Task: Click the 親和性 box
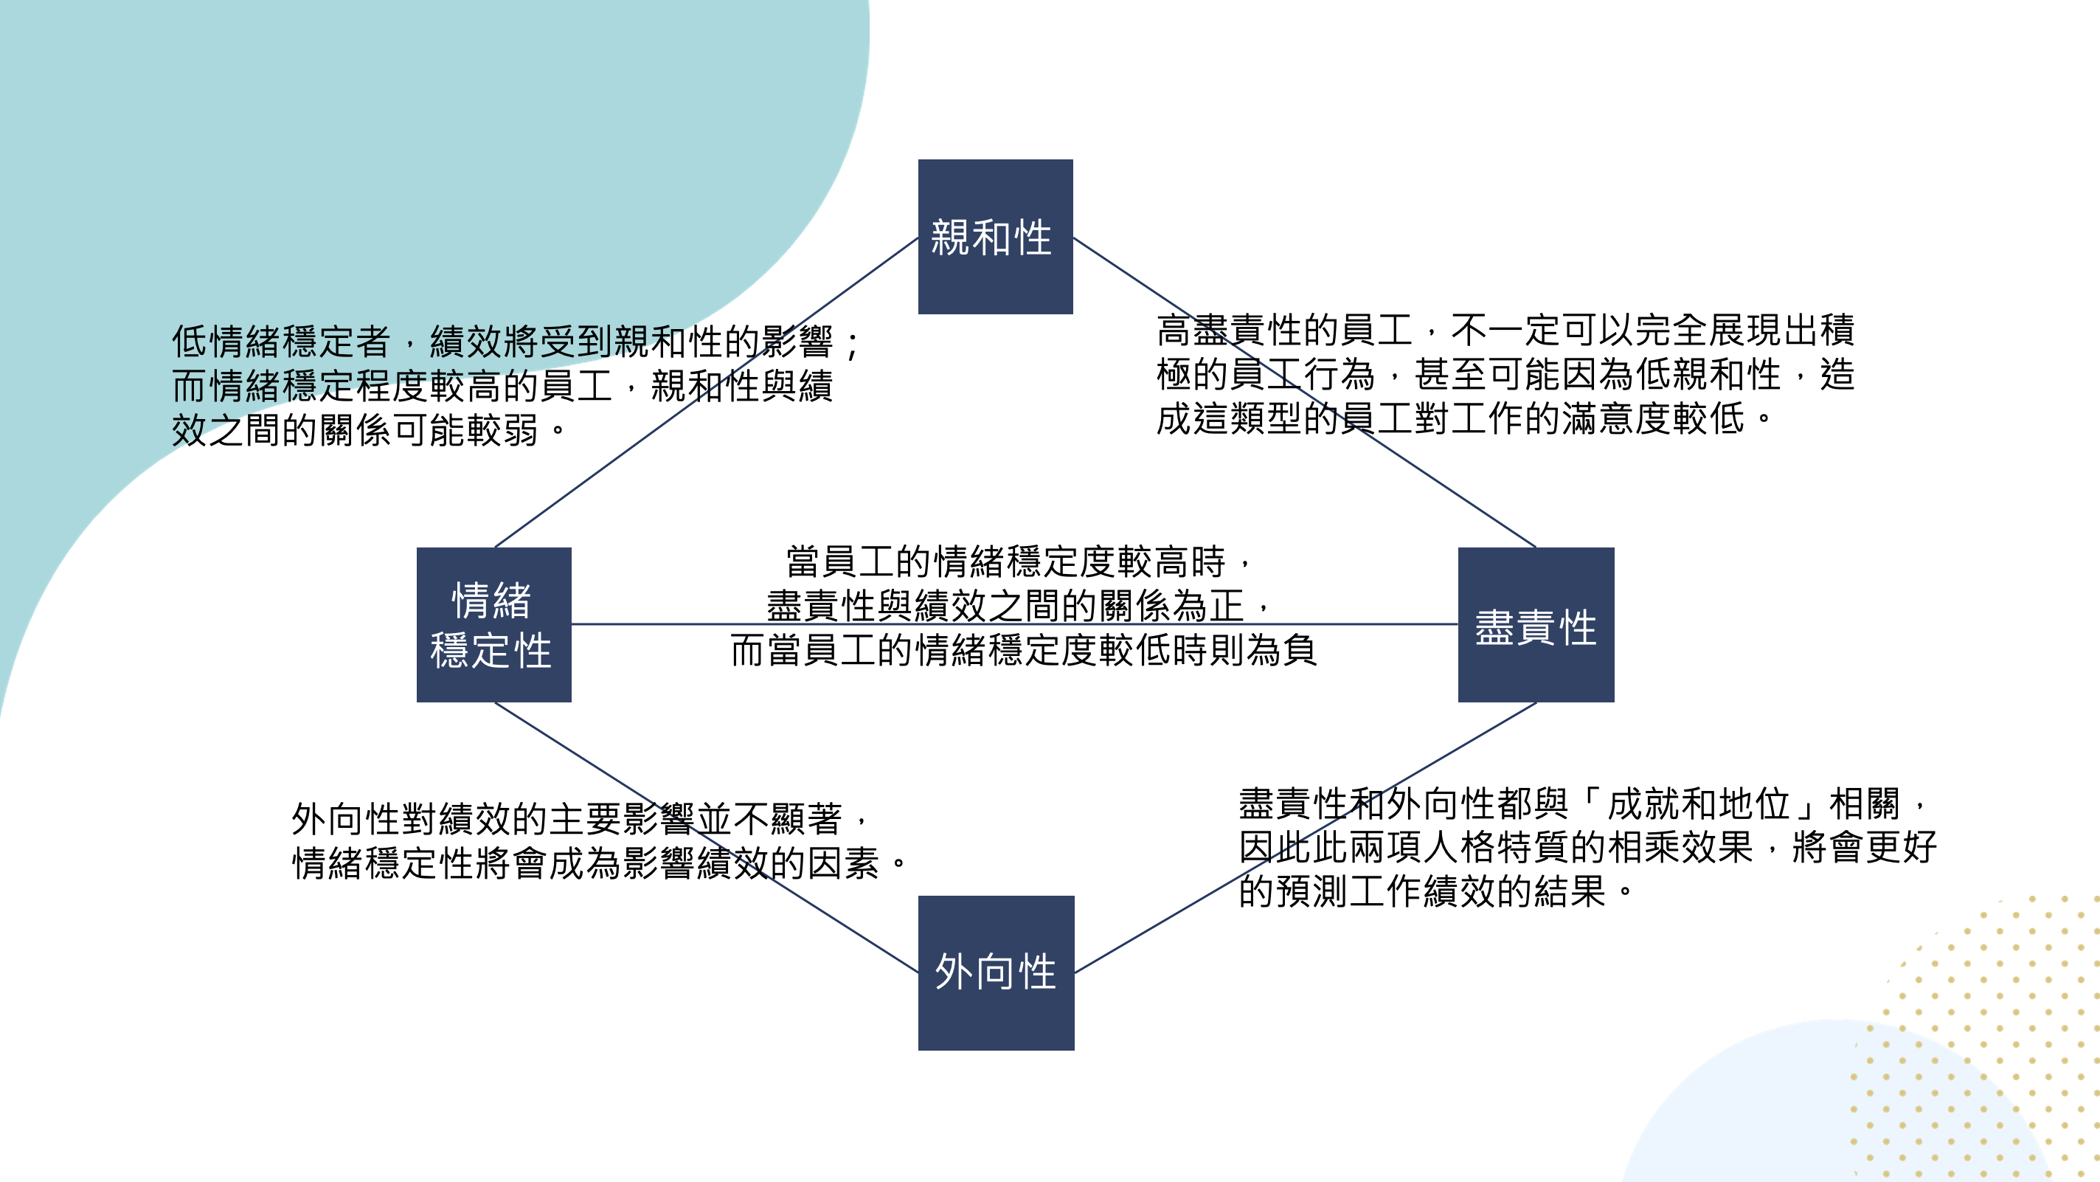[994, 236]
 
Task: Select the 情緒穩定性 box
[493, 624]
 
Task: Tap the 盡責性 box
[1536, 624]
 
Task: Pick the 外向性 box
[995, 972]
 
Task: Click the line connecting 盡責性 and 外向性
[1157, 924]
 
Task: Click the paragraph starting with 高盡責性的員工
[1505, 374]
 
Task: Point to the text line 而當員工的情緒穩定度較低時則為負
[1023, 651]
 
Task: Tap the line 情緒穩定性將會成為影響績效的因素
[599, 863]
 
